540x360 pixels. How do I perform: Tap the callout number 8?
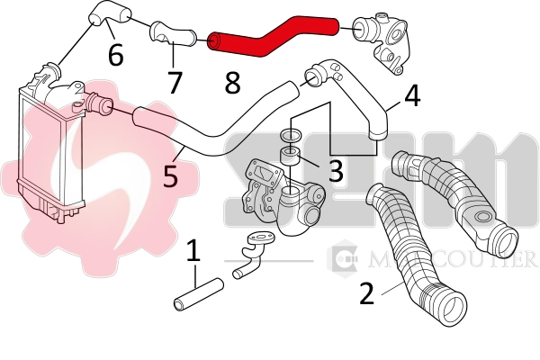tap(232, 84)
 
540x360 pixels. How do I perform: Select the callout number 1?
tap(193, 253)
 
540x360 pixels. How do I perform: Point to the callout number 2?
tap(366, 294)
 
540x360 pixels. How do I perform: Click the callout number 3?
tap(334, 170)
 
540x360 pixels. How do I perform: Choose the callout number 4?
tap(410, 95)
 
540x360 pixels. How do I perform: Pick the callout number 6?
tap(115, 54)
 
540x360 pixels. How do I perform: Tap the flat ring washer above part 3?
tap(291, 135)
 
